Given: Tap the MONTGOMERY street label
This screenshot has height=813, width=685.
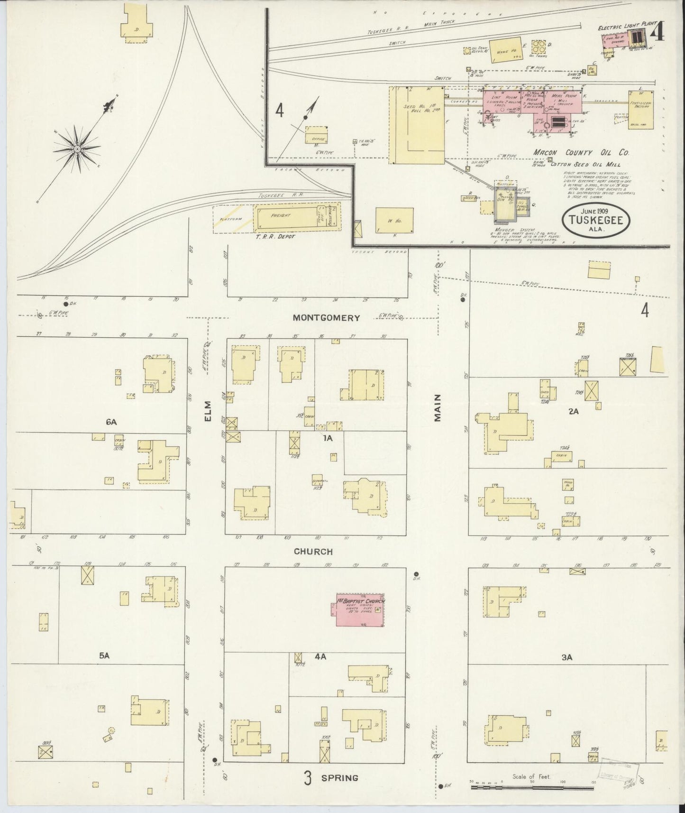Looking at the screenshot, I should tap(326, 318).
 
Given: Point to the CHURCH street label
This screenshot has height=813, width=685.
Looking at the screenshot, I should tap(313, 552).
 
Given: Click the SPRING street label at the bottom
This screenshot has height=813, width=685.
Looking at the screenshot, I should tap(339, 778).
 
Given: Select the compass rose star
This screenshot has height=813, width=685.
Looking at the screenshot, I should tap(77, 149).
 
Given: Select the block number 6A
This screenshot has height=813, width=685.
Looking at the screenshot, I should tap(111, 421).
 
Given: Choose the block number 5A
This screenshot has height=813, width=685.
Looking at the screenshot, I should tap(104, 656).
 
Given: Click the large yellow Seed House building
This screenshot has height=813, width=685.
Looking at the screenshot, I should tap(416, 125).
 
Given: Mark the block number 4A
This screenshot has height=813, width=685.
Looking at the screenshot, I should tap(320, 657).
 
